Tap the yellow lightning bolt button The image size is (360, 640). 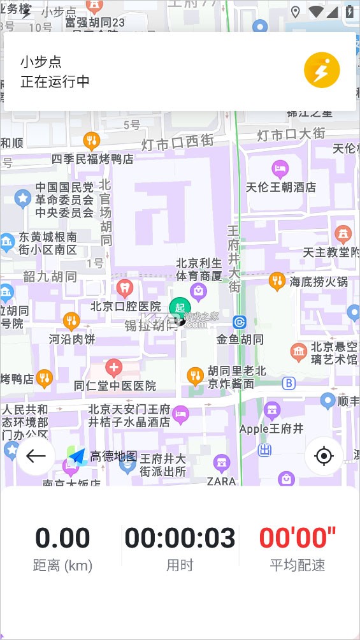(322, 70)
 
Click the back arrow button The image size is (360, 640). (36, 456)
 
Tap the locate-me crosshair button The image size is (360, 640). (324, 456)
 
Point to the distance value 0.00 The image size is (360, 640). (62, 538)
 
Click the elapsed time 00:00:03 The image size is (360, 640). (180, 538)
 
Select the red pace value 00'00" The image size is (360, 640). (298, 538)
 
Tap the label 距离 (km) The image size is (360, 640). (62, 565)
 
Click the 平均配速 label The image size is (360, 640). (298, 565)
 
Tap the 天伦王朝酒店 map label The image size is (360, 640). (281, 187)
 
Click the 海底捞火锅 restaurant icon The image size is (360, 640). (277, 280)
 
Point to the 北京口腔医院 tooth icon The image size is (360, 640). (125, 288)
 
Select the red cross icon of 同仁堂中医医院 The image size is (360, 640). (114, 368)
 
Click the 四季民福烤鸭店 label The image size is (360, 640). (92, 159)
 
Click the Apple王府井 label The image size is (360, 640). (272, 429)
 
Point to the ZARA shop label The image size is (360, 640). (222, 481)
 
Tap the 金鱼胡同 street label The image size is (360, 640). (240, 339)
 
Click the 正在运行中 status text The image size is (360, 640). (55, 82)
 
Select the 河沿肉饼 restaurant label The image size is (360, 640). (71, 339)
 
